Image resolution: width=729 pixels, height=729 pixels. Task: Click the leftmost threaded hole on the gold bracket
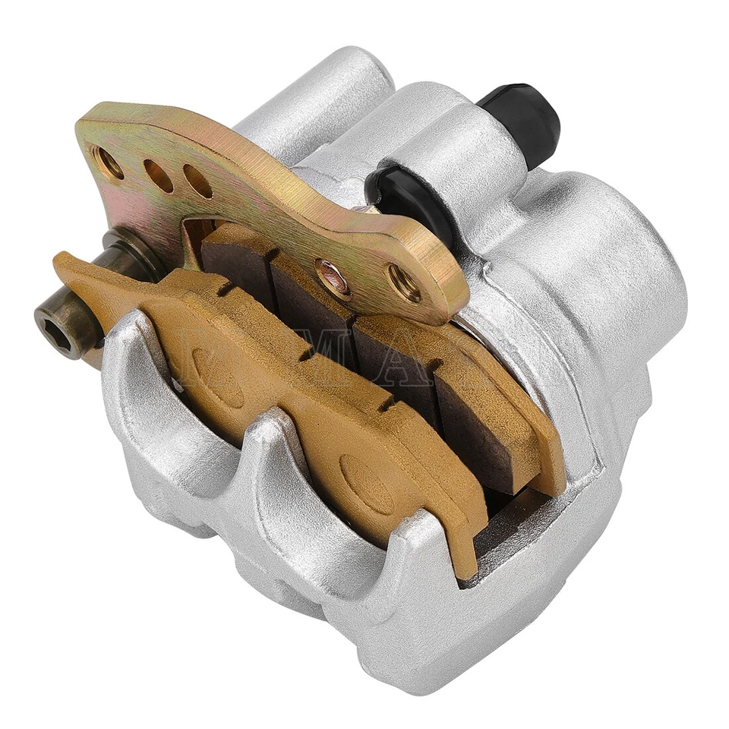click(109, 162)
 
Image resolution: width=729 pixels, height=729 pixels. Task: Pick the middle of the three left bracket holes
click(159, 175)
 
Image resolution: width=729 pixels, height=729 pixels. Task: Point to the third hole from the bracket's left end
click(197, 181)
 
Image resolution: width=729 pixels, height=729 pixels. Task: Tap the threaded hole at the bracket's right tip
click(405, 283)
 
